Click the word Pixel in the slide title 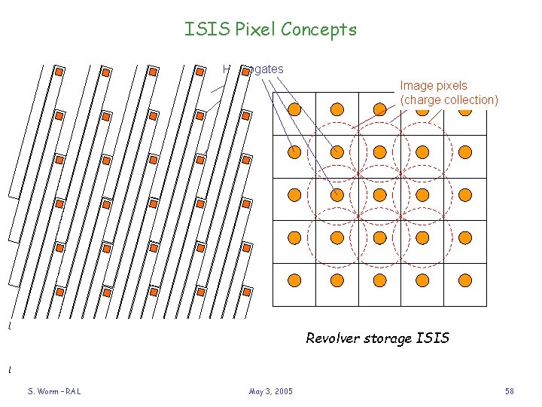[255, 30]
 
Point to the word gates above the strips [267, 69]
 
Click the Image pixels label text [434, 86]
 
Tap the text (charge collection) [449, 99]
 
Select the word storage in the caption [390, 338]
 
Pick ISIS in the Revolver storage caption [434, 338]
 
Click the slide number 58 [510, 391]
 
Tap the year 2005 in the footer [283, 391]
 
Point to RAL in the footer [72, 391]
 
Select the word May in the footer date [256, 391]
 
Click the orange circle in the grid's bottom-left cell [295, 280]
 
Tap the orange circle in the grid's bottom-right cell [465, 280]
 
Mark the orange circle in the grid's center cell [380, 194]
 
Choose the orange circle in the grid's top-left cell [295, 109]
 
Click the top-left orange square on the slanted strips [59, 72]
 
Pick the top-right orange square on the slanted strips [246, 72]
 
